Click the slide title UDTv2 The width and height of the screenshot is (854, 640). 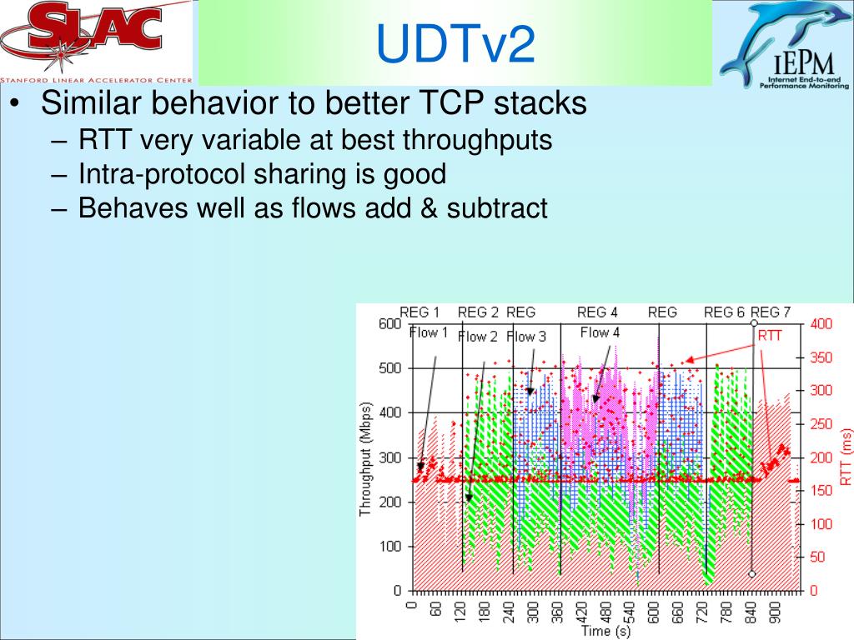455,43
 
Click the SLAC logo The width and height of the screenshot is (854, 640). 97,42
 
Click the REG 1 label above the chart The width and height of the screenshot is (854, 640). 419,312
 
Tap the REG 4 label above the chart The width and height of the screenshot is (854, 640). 597,312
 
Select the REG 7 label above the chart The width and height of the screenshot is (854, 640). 770,312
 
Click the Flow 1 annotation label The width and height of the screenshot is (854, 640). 428,332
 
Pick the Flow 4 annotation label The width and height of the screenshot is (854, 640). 600,332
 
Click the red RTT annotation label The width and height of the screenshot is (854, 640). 770,336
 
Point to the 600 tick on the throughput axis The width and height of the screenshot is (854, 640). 390,324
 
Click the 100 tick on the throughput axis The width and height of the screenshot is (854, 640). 390,547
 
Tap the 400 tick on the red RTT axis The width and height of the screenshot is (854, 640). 821,324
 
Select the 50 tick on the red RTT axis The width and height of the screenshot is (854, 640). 818,557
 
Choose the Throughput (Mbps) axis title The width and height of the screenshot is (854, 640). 365,459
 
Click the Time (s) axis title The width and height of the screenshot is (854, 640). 605,632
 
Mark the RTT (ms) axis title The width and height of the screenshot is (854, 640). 846,457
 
